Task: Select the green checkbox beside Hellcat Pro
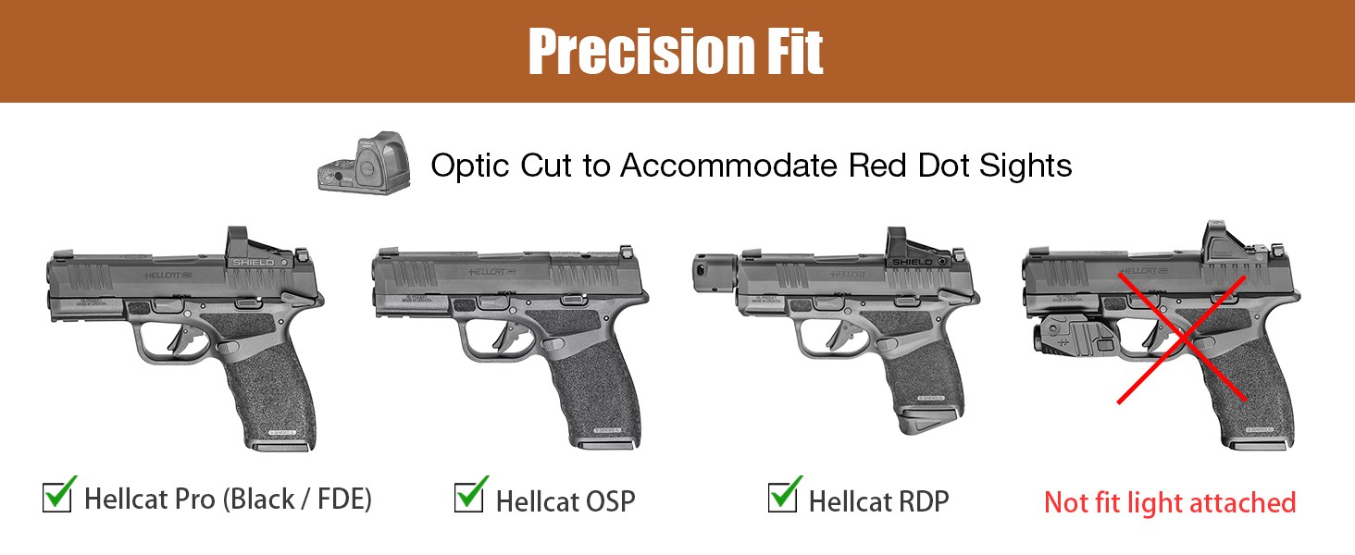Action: pos(58,496)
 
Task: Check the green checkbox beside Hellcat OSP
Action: pos(470,496)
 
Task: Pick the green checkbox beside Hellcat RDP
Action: pos(783,496)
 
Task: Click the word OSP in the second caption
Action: pos(611,502)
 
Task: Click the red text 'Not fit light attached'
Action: pos(1170,503)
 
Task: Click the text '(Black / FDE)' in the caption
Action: pos(296,500)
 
